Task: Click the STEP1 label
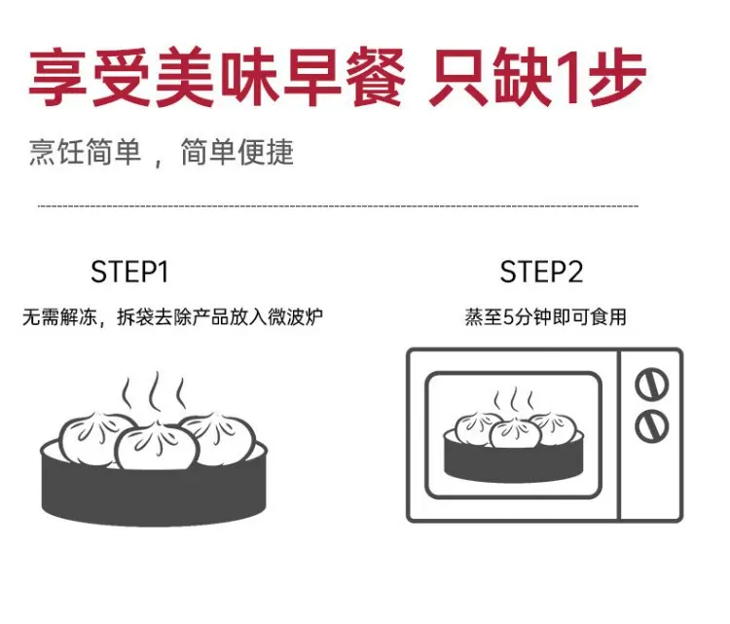(129, 272)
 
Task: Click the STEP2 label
(541, 272)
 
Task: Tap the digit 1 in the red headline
(570, 77)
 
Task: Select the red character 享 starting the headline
(57, 77)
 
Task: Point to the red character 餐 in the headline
(376, 77)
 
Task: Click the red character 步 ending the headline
(617, 77)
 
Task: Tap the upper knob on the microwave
(652, 384)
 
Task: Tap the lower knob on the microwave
(652, 426)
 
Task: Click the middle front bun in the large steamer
(157, 446)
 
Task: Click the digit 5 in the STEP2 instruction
(508, 317)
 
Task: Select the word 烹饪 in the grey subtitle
(56, 152)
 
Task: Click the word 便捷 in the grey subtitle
(266, 152)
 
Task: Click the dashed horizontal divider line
(338, 205)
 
